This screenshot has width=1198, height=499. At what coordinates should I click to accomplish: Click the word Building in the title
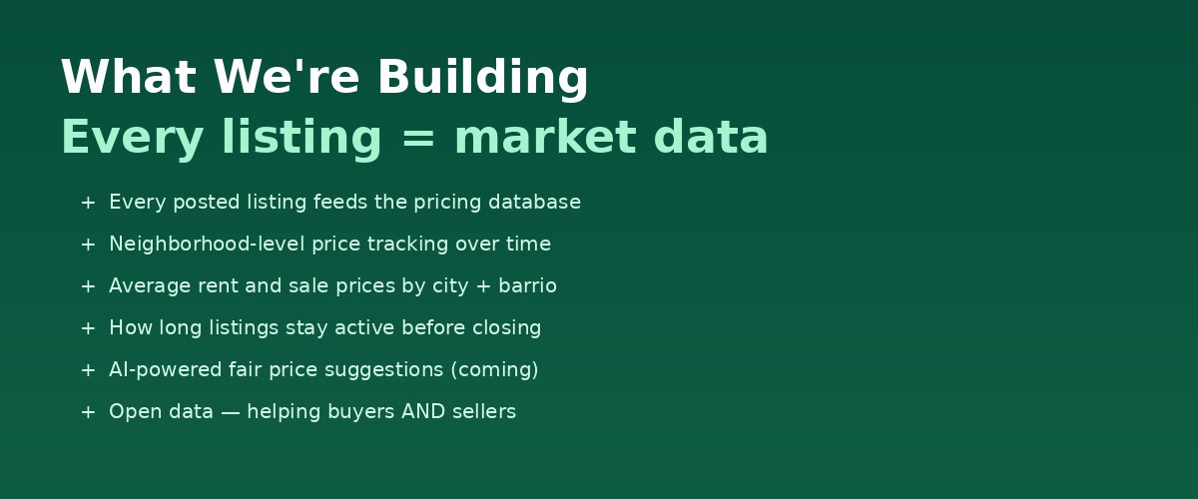coord(482,78)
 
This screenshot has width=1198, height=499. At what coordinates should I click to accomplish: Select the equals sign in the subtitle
coord(417,138)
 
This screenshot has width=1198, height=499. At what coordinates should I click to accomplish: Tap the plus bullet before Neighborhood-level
coord(88,245)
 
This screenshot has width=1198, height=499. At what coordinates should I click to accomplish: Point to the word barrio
coord(528,286)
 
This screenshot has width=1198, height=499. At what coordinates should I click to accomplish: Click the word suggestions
coord(383,370)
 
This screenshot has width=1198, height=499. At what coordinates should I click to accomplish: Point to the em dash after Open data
coord(231,412)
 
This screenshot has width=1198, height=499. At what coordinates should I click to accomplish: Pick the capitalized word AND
coord(422,412)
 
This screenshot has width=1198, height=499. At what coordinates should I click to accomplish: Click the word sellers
coord(484,412)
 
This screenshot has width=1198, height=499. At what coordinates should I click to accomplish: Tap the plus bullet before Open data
coord(88,412)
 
